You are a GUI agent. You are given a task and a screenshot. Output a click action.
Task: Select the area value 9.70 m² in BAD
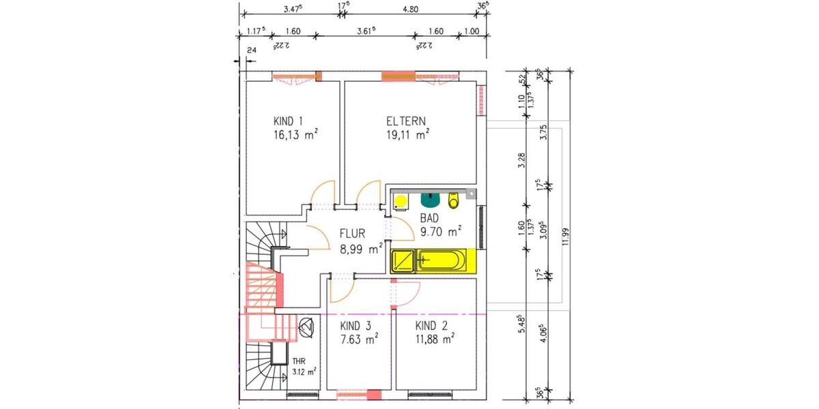click(441, 231)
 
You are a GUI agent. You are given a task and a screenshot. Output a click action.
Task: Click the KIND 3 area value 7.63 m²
click(360, 338)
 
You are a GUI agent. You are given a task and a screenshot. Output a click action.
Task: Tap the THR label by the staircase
click(299, 361)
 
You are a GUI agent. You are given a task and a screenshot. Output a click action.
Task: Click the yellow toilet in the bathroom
click(453, 200)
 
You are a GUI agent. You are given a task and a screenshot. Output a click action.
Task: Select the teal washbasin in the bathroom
click(430, 200)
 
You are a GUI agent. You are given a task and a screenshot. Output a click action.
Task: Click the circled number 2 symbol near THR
click(306, 326)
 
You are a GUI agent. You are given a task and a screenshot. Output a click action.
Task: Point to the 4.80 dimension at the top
click(409, 10)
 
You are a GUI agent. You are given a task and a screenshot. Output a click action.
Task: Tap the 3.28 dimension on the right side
click(522, 160)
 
